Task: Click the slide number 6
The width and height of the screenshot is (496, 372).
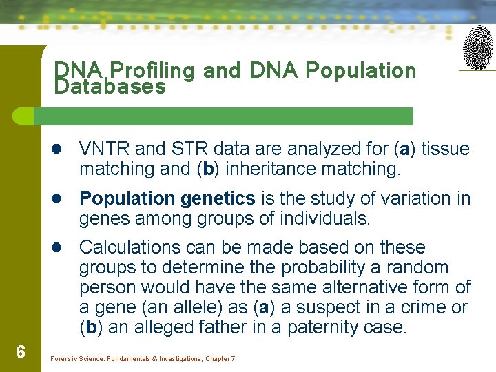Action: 21,353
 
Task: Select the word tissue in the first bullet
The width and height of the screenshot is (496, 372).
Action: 445,149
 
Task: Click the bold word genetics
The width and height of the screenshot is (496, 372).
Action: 218,198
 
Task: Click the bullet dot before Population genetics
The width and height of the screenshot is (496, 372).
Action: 61,199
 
